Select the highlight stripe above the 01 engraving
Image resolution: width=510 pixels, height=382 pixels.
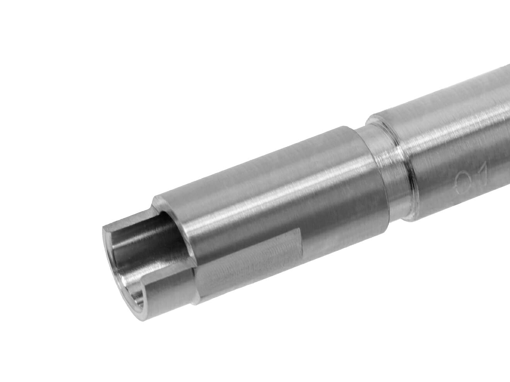click(x=456, y=127)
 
